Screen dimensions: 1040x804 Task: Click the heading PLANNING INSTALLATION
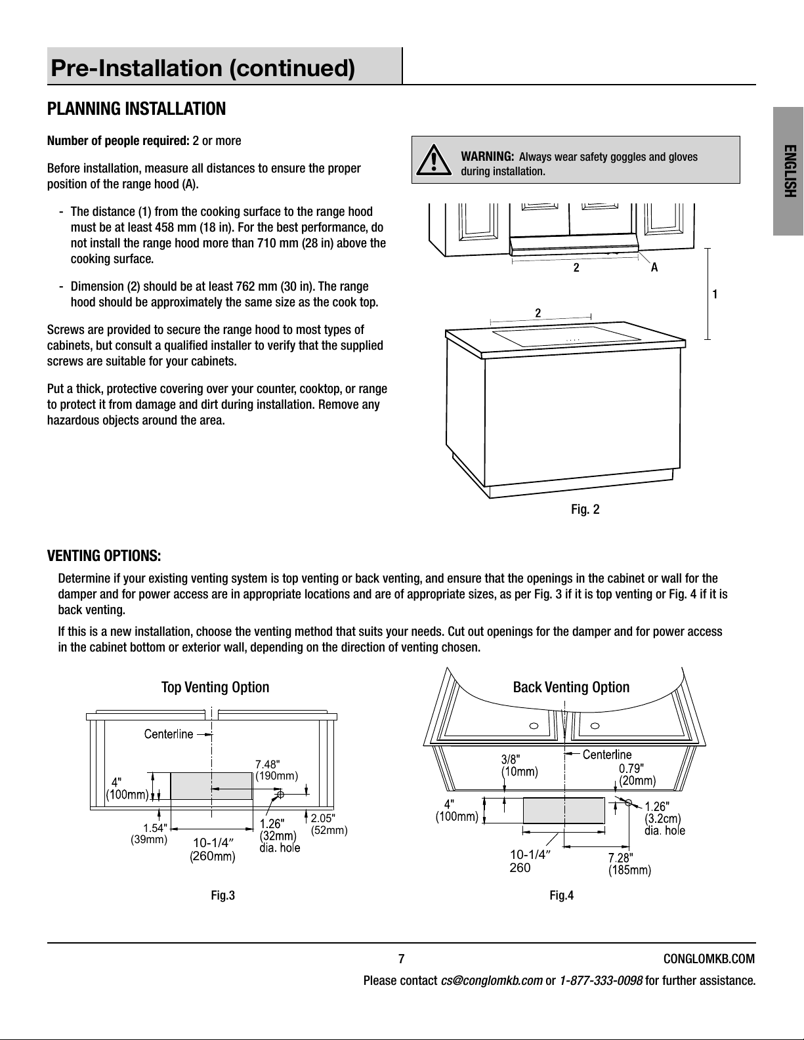[137, 109]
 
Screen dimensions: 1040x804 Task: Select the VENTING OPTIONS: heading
[104, 556]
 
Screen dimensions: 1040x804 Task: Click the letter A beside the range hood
[654, 268]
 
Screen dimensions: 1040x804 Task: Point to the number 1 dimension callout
[715, 295]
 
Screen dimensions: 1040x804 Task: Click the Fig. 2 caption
[585, 509]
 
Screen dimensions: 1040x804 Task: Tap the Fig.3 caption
[222, 896]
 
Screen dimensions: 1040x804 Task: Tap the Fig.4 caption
[561, 896]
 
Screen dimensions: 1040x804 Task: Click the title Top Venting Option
[215, 687]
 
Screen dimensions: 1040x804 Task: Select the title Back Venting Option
[570, 687]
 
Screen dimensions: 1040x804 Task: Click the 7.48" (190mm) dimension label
[276, 770]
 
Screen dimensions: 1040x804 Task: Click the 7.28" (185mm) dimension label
[629, 865]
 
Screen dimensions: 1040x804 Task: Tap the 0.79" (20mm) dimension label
[637, 774]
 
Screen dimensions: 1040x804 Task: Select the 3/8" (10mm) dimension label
[519, 765]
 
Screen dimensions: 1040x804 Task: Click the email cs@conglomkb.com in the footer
[492, 982]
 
